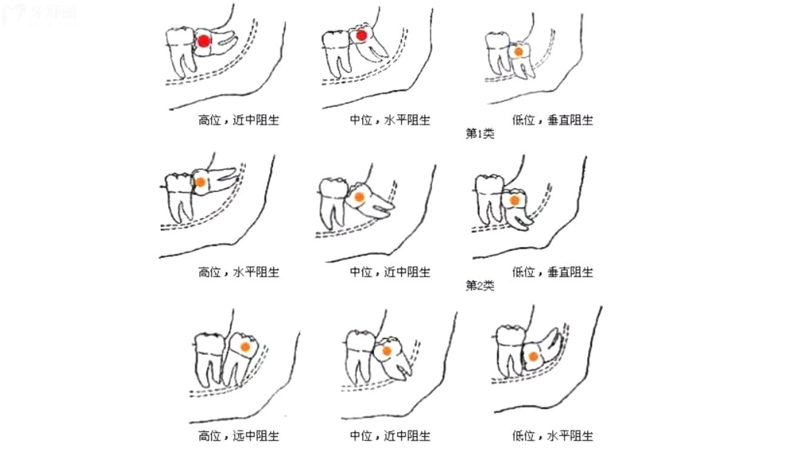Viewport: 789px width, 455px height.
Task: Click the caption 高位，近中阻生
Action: pyautogui.click(x=239, y=120)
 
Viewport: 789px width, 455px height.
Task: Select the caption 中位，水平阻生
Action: pyautogui.click(x=390, y=120)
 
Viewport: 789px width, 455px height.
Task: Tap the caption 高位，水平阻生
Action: pyautogui.click(x=239, y=272)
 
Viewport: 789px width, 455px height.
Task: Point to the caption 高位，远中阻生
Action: pyautogui.click(x=239, y=436)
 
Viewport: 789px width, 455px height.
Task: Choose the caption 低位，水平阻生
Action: pyautogui.click(x=552, y=436)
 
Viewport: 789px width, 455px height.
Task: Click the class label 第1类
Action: pyautogui.click(x=479, y=134)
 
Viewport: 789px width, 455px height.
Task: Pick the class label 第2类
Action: pyautogui.click(x=479, y=285)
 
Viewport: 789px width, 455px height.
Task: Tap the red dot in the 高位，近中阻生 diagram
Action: pyautogui.click(x=205, y=41)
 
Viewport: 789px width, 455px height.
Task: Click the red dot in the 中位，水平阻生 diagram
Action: pyautogui.click(x=362, y=36)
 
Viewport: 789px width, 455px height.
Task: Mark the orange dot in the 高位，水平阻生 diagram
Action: pyautogui.click(x=200, y=181)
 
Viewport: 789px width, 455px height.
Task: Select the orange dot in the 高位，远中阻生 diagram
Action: pyautogui.click(x=245, y=347)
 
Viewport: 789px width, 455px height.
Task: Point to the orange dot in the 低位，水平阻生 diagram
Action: pyautogui.click(x=533, y=357)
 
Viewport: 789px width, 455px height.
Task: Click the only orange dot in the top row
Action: pyautogui.click(x=518, y=52)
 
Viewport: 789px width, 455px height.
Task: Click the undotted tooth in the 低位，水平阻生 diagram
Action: pyautogui.click(x=509, y=352)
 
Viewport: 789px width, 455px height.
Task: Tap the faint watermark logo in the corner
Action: pyautogui.click(x=39, y=13)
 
